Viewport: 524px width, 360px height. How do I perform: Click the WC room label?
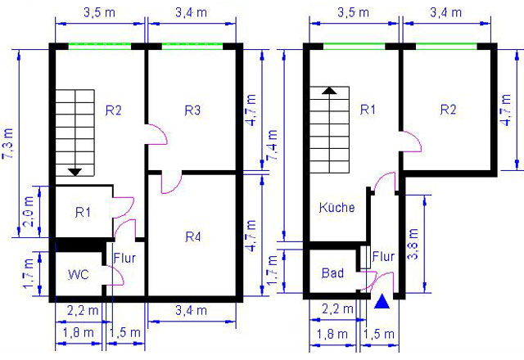pyautogui.click(x=79, y=275)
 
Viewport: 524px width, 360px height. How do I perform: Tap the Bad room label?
pyautogui.click(x=332, y=273)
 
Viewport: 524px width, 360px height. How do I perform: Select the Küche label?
pyautogui.click(x=337, y=207)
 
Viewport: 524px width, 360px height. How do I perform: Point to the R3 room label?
pyautogui.click(x=193, y=110)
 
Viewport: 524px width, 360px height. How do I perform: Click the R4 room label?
pyautogui.click(x=193, y=236)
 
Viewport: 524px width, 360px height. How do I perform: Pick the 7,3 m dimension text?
pyautogui.click(x=7, y=144)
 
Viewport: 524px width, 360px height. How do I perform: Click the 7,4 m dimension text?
pyautogui.click(x=273, y=145)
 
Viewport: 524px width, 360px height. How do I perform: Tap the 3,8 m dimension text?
pyautogui.click(x=413, y=244)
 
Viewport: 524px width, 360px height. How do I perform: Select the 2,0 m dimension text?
pyautogui.click(x=29, y=211)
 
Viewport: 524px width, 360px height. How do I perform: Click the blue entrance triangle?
pyautogui.click(x=382, y=302)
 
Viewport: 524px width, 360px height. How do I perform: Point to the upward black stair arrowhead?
pyautogui.click(x=329, y=91)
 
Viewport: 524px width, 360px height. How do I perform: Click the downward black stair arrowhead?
pyautogui.click(x=75, y=173)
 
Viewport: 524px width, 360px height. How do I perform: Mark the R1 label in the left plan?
pyautogui.click(x=83, y=212)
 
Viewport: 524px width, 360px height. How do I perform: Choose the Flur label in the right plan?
pyautogui.click(x=383, y=256)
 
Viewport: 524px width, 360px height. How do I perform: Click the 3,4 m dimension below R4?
pyautogui.click(x=191, y=311)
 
